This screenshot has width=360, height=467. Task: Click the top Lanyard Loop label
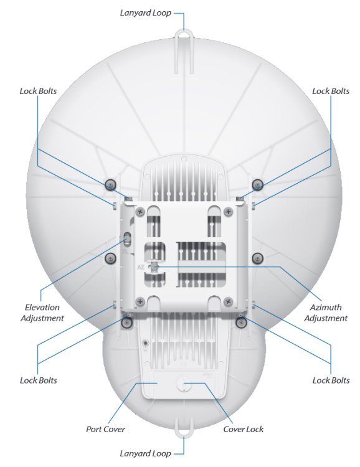click(145, 13)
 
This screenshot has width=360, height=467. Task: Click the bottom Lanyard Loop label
click(145, 453)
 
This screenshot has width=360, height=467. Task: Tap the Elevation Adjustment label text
click(42, 313)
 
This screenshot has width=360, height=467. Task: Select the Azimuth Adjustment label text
click(326, 313)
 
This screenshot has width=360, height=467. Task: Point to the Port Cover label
click(105, 429)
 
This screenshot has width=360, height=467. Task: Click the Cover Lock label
click(244, 429)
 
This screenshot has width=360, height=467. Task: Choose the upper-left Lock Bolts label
click(38, 91)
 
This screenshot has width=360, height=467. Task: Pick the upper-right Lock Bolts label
click(331, 91)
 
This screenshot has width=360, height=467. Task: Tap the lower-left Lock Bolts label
click(39, 380)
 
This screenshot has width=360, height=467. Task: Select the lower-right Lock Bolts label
click(331, 380)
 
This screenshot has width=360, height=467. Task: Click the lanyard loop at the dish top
click(184, 32)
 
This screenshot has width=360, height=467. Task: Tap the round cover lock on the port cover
click(183, 384)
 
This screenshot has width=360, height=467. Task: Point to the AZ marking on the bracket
click(141, 267)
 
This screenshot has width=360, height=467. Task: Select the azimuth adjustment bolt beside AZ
click(154, 267)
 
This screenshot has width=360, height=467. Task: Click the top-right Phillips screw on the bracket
click(228, 212)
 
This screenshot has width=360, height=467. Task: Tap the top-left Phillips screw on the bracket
click(140, 212)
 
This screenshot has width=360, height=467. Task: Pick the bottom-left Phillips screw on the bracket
click(140, 302)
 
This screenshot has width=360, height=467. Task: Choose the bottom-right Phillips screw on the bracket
click(228, 302)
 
